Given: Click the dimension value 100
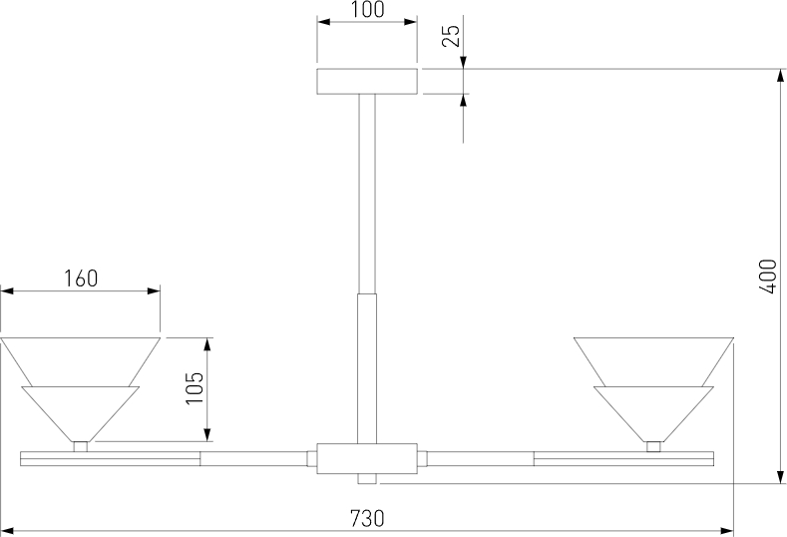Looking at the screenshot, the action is tap(367, 10).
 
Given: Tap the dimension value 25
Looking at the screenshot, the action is tap(451, 35).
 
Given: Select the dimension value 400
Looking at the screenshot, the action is tap(768, 276).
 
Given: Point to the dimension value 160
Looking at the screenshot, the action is tap(81, 278).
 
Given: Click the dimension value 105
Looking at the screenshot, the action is tap(195, 388).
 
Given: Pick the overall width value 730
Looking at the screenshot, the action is tap(367, 518).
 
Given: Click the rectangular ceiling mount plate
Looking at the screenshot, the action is tap(367, 81).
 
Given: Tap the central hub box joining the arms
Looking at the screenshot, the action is tap(367, 458).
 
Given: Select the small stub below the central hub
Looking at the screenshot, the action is tap(367, 479).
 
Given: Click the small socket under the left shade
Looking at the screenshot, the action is tap(81, 446).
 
